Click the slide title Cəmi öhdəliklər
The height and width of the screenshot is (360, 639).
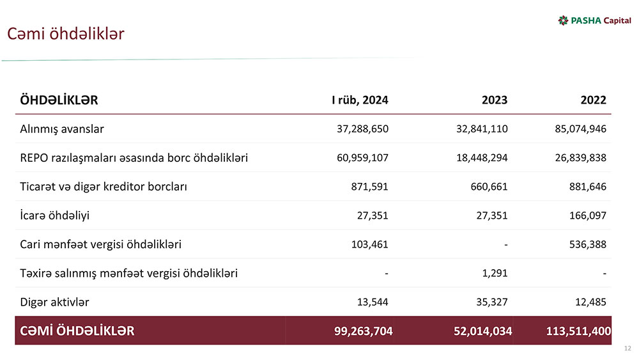point(65,33)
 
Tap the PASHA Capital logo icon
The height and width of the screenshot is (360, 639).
point(563,20)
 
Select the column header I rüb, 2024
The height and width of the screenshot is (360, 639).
point(359,100)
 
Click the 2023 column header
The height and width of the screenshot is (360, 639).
point(495,100)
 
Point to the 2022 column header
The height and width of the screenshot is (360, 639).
point(593,100)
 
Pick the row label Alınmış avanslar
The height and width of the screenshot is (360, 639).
point(62,129)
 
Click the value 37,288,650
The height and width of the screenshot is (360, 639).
point(362,129)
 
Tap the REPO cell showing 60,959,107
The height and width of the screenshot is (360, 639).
point(362,157)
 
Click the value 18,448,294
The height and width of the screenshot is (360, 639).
point(481,157)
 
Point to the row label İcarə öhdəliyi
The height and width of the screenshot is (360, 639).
point(55,215)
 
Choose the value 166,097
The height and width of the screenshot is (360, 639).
point(588,215)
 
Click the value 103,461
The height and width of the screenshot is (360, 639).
point(370,244)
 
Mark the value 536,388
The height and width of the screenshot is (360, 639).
point(588,244)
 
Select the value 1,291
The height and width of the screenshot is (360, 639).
point(494,273)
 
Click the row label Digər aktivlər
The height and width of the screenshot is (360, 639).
point(55,302)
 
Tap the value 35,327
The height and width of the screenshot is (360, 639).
point(490,302)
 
